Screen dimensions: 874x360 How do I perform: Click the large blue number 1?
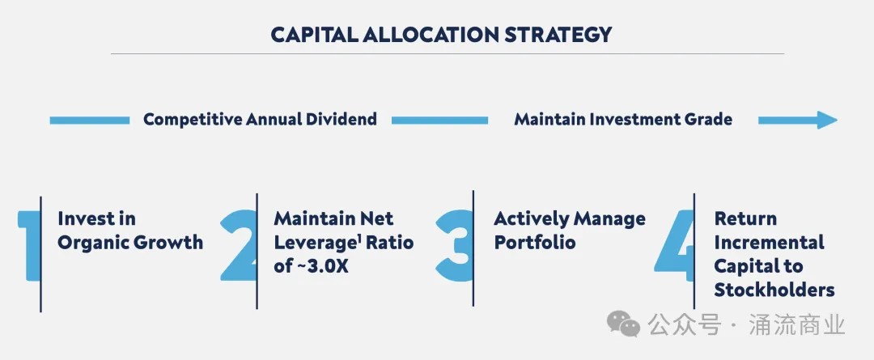pyautogui.click(x=29, y=245)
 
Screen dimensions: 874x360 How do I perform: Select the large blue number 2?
pyautogui.click(x=239, y=245)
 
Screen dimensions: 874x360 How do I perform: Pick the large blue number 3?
pyautogui.click(x=454, y=245)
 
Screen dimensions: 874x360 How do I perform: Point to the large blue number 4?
pyautogui.click(x=674, y=245)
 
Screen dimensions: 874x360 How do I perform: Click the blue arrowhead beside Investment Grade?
pyautogui.click(x=827, y=120)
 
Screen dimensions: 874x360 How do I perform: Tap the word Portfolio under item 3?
pyautogui.click(x=535, y=243)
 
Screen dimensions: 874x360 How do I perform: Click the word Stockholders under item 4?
pyautogui.click(x=774, y=290)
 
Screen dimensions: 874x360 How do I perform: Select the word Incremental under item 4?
pyautogui.click(x=770, y=243)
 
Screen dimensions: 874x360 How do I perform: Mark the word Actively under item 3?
pyautogui.click(x=525, y=219)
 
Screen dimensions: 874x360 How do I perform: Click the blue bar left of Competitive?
pyautogui.click(x=90, y=121)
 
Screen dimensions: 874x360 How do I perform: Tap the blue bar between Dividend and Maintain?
pyautogui.click(x=439, y=121)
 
